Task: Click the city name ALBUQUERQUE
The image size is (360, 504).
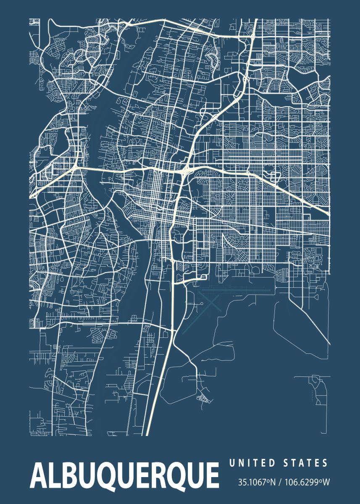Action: tap(124, 477)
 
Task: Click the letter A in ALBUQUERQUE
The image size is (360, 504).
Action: tap(38, 477)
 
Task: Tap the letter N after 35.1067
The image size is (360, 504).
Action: tap(273, 482)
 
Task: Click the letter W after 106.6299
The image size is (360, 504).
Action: tap(326, 482)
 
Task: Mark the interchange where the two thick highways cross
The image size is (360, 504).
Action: tap(184, 171)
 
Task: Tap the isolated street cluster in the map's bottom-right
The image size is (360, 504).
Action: tap(317, 388)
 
